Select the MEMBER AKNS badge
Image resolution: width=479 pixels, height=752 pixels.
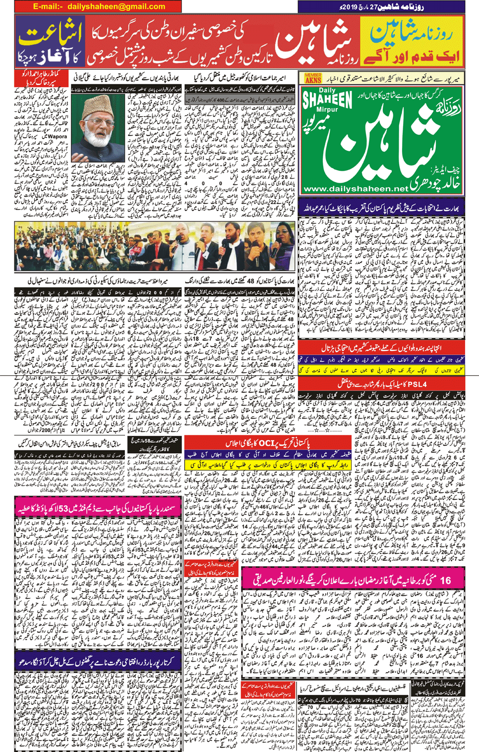click(313, 78)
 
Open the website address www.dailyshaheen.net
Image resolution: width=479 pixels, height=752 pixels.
click(355, 189)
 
